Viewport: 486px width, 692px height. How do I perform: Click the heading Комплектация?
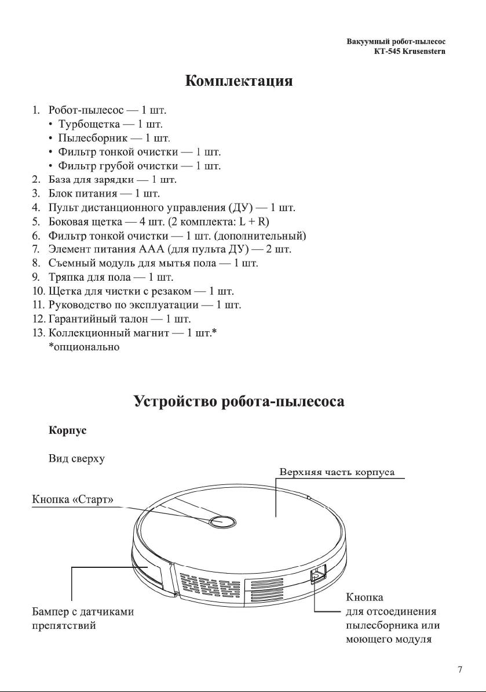coord(239,81)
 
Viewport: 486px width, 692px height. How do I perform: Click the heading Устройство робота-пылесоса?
coord(239,401)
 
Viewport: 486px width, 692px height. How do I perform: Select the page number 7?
coord(460,670)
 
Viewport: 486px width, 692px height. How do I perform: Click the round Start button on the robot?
coord(222,521)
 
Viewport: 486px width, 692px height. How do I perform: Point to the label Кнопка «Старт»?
coord(72,500)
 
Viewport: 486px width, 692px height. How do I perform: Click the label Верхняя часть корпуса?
coord(337,472)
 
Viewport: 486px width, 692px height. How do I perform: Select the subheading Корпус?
coord(67,431)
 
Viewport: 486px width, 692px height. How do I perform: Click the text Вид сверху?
coord(76,459)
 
